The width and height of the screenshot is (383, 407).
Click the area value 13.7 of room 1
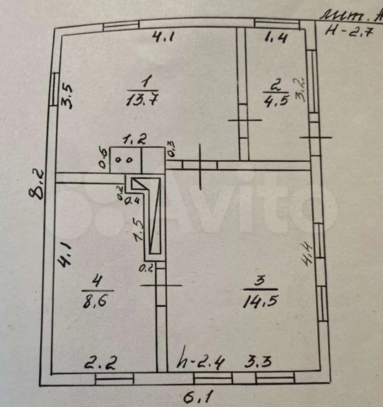tap(141, 101)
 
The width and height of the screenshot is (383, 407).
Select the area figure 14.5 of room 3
tap(261, 302)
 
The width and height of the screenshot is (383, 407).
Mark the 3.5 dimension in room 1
tap(67, 96)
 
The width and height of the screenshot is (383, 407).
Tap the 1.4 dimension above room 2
tap(276, 37)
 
